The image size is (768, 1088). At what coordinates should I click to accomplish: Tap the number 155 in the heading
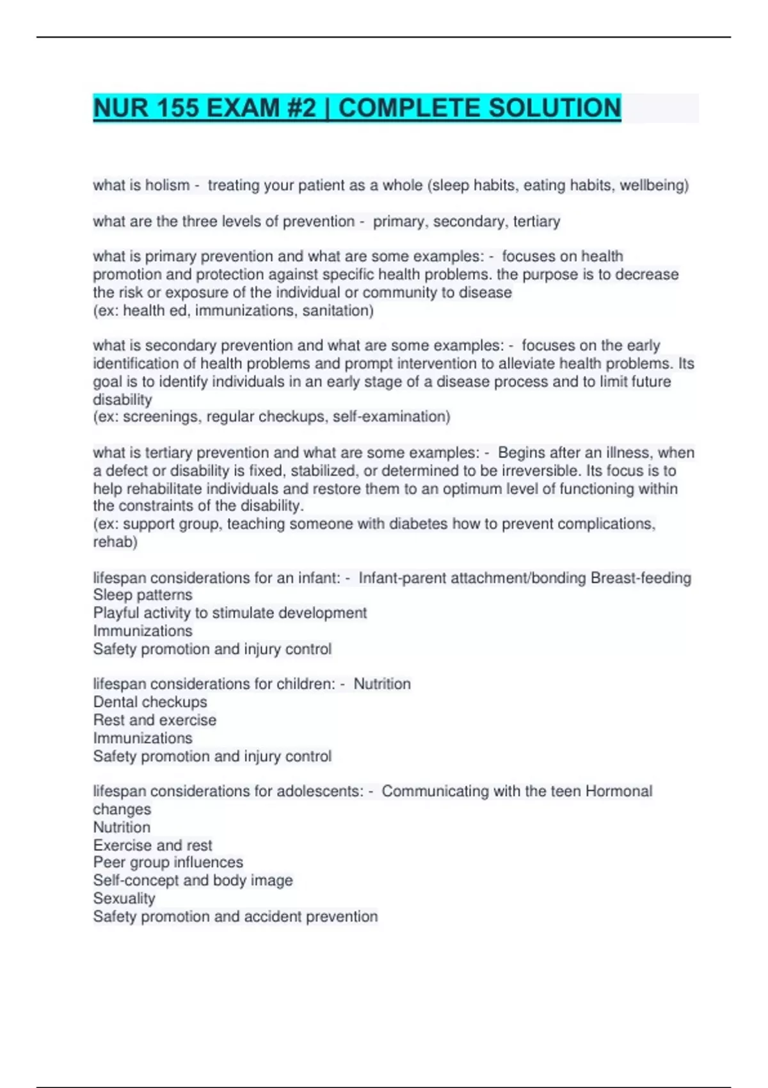[x=176, y=108]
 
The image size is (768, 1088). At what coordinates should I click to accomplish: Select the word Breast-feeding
[x=641, y=578]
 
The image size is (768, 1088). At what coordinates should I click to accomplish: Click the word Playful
[x=117, y=613]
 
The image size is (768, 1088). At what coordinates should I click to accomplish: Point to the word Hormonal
[x=618, y=791]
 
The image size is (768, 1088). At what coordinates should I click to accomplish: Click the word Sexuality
[x=124, y=899]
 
